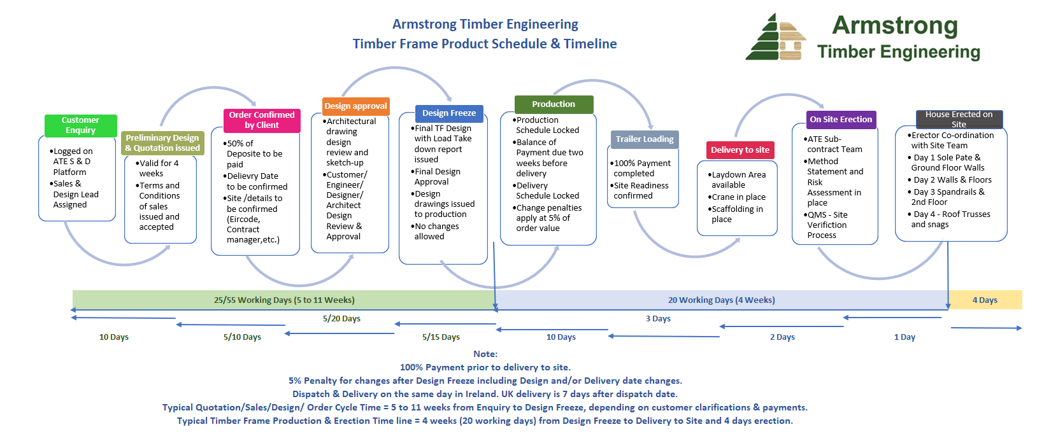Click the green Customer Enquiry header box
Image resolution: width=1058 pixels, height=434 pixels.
tap(80, 125)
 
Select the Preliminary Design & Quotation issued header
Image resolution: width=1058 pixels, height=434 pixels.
tap(162, 143)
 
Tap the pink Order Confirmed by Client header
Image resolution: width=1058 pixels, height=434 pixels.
tap(262, 120)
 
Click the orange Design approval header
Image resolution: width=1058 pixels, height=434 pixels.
tap(355, 106)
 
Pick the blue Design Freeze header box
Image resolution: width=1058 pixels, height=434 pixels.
tap(449, 113)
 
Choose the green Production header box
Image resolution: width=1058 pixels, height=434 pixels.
tap(554, 104)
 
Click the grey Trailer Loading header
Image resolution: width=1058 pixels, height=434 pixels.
tap(645, 139)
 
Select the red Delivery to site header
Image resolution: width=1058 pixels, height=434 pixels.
tap(740, 150)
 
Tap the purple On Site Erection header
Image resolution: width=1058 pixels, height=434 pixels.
tap(841, 120)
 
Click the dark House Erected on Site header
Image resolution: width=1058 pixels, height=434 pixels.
tap(959, 119)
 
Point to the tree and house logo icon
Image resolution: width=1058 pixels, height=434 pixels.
tap(775, 38)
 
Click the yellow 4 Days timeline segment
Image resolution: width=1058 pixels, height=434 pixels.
tap(985, 300)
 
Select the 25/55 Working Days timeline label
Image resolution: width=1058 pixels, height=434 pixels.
tap(284, 300)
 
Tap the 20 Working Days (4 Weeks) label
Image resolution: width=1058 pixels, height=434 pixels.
tap(721, 300)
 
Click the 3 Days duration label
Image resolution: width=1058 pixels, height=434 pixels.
tap(658, 319)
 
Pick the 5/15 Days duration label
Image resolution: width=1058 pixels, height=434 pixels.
tap(441, 337)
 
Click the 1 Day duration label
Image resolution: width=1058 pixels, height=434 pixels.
tap(904, 337)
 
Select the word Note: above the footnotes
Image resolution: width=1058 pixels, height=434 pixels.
tap(485, 354)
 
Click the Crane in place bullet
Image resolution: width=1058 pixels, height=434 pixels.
tap(738, 197)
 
